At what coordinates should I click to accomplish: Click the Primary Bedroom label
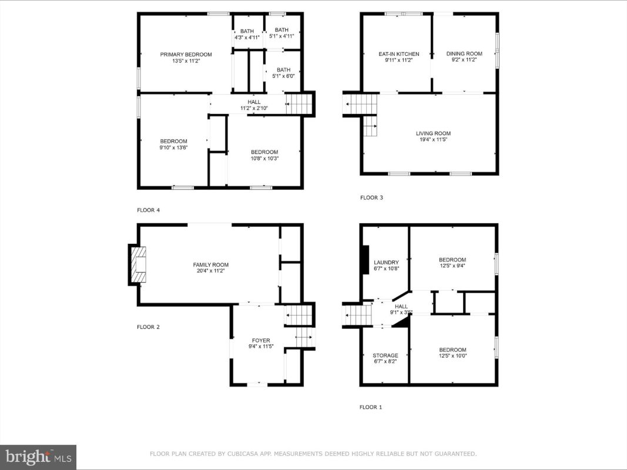(186, 55)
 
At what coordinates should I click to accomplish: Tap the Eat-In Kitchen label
(398, 54)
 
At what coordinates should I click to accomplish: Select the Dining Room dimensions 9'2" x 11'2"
(464, 60)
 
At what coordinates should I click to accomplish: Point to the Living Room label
(433, 133)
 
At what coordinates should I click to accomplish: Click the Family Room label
(211, 264)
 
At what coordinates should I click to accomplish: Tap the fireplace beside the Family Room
(137, 264)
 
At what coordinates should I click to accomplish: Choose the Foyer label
(261, 341)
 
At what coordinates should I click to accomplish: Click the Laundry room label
(386, 263)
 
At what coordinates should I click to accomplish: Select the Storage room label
(385, 355)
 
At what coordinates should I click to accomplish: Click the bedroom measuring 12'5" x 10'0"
(452, 350)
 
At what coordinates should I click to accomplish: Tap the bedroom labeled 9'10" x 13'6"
(173, 141)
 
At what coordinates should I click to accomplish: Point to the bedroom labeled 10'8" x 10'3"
(264, 152)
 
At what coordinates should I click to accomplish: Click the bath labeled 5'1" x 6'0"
(283, 70)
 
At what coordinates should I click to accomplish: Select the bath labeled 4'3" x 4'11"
(247, 31)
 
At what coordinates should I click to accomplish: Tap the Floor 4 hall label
(254, 102)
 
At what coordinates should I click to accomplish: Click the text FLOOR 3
(371, 197)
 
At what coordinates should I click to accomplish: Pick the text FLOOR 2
(148, 327)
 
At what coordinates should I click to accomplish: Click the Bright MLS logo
(38, 457)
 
